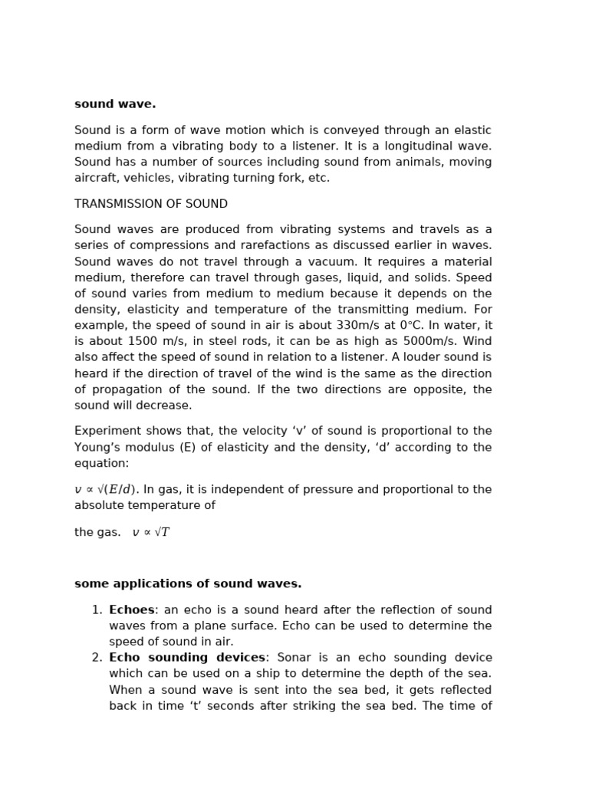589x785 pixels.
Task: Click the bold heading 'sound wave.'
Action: pyautogui.click(x=115, y=104)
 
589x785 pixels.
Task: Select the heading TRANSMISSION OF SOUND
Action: pyautogui.click(x=151, y=204)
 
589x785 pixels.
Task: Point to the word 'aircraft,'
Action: pyautogui.click(x=100, y=178)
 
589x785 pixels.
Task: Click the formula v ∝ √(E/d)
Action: pyautogui.click(x=107, y=489)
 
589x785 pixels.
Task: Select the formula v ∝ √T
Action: pyautogui.click(x=151, y=532)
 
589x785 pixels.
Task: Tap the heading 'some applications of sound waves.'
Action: pyautogui.click(x=188, y=583)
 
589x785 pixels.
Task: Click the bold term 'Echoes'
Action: pyautogui.click(x=131, y=609)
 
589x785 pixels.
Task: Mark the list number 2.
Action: pyautogui.click(x=97, y=658)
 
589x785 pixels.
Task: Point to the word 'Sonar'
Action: pyautogui.click(x=294, y=658)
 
